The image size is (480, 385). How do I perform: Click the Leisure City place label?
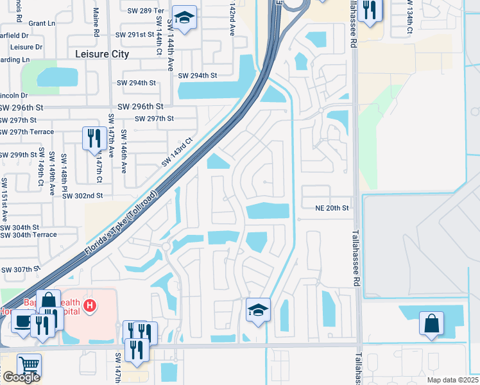(x=102, y=55)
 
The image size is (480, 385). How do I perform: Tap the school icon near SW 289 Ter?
(x=184, y=20)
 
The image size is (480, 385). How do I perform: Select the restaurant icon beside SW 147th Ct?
(x=93, y=138)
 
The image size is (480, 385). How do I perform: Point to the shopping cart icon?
(x=29, y=366)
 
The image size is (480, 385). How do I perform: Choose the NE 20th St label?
(x=331, y=208)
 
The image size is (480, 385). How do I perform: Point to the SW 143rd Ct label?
(x=177, y=153)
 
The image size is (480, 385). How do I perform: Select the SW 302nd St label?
(x=82, y=196)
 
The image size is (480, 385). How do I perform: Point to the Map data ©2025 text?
(x=452, y=380)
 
